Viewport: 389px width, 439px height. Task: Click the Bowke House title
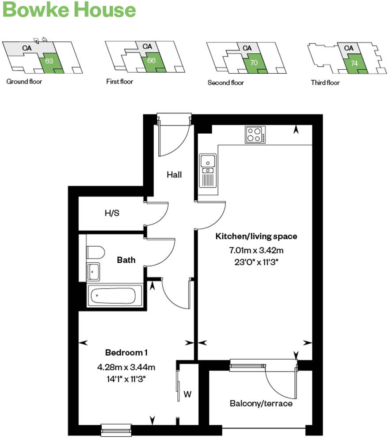pyautogui.click(x=69, y=10)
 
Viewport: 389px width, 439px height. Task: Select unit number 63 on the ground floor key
pyautogui.click(x=49, y=61)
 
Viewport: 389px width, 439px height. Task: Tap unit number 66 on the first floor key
pyautogui.click(x=151, y=60)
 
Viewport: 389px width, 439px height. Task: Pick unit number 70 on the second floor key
pyautogui.click(x=254, y=63)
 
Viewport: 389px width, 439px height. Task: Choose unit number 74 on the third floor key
pyautogui.click(x=354, y=63)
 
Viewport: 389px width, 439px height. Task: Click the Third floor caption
pyautogui.click(x=325, y=83)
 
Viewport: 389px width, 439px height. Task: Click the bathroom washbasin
pyautogui.click(x=93, y=272)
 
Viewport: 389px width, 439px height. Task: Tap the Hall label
pyautogui.click(x=174, y=175)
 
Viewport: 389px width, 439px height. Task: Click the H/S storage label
pyautogui.click(x=112, y=213)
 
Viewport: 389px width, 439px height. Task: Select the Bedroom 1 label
pyautogui.click(x=126, y=353)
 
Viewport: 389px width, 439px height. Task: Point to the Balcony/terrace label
pyautogui.click(x=261, y=403)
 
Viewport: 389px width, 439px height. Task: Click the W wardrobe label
pyautogui.click(x=187, y=394)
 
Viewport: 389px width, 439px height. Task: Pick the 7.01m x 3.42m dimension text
pyautogui.click(x=256, y=251)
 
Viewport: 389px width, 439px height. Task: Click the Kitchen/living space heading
pyautogui.click(x=256, y=236)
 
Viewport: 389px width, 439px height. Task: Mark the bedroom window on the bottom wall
pyautogui.click(x=116, y=428)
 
